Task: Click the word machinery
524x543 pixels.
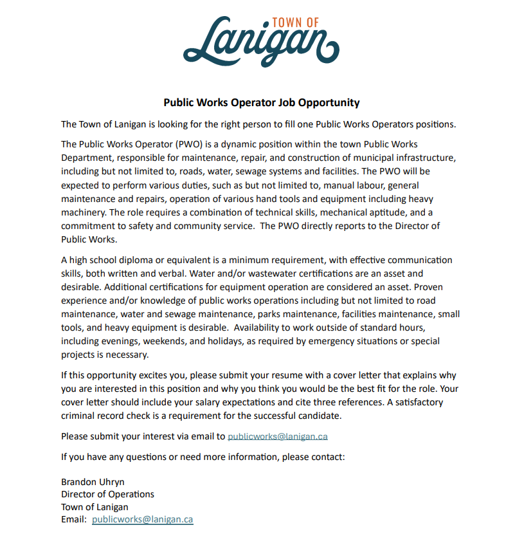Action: click(83, 212)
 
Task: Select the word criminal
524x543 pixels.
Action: click(78, 416)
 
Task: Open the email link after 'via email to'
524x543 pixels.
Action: click(278, 436)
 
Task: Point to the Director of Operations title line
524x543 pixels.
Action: click(107, 494)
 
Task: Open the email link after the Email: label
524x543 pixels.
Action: click(142, 519)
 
